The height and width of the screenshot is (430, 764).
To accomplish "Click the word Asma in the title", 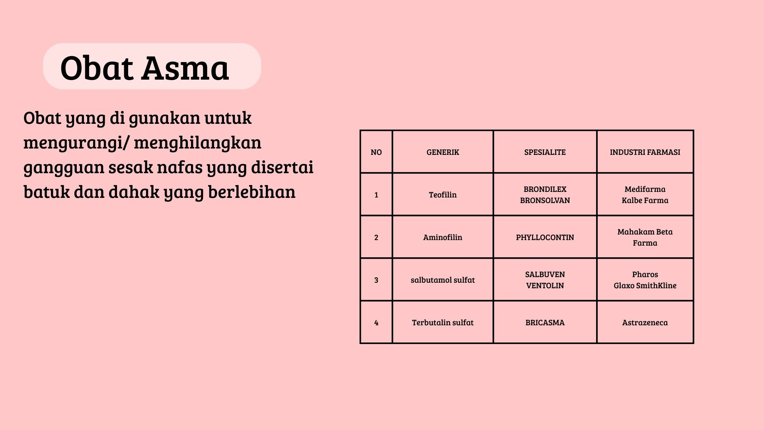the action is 185,68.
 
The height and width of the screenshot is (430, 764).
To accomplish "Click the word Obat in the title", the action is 96,68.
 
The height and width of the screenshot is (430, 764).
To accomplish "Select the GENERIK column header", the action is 442,152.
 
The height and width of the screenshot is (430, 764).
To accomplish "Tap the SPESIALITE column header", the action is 545,152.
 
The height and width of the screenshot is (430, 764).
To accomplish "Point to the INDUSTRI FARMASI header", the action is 645,152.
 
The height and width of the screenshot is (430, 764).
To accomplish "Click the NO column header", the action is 376,152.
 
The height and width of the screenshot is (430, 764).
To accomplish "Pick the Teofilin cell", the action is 442,195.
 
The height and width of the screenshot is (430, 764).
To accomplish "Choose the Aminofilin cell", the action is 442,237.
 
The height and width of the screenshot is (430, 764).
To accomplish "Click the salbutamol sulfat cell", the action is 442,280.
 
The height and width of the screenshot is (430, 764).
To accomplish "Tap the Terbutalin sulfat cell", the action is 442,322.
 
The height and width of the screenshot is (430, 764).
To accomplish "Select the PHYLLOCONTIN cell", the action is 545,237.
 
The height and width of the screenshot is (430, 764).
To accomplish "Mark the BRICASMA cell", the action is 545,322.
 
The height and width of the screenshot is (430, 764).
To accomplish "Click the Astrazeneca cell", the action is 645,322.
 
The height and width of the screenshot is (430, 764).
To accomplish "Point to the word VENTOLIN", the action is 545,285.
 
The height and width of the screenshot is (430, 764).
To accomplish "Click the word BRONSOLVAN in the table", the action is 545,200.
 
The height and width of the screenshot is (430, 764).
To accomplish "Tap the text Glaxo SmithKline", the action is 645,285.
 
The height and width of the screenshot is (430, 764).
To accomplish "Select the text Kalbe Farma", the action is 645,200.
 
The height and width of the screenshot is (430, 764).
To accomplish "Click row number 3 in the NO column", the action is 376,280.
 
